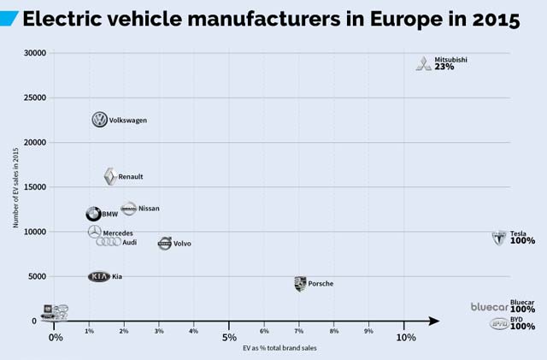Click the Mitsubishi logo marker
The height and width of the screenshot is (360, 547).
424,64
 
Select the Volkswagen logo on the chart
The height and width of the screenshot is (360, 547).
100,121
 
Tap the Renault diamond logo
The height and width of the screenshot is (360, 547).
109,177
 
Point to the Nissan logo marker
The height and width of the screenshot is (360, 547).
128,209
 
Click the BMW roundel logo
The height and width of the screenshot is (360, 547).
93,214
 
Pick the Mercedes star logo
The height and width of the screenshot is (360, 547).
94,233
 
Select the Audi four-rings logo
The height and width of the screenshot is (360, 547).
109,242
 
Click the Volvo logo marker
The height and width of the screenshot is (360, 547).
165,244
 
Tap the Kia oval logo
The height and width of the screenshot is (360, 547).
99,277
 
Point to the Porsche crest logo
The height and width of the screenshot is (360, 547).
300,284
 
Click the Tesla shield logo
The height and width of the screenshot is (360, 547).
499,237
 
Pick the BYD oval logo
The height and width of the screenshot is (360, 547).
499,323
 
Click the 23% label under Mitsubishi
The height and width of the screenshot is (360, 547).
444,67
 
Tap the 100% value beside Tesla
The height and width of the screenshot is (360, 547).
522,241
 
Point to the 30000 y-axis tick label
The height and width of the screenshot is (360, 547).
35,53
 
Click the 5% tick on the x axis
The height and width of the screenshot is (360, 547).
228,337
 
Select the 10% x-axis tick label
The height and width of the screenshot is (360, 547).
405,337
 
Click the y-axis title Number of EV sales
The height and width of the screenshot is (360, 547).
15,186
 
